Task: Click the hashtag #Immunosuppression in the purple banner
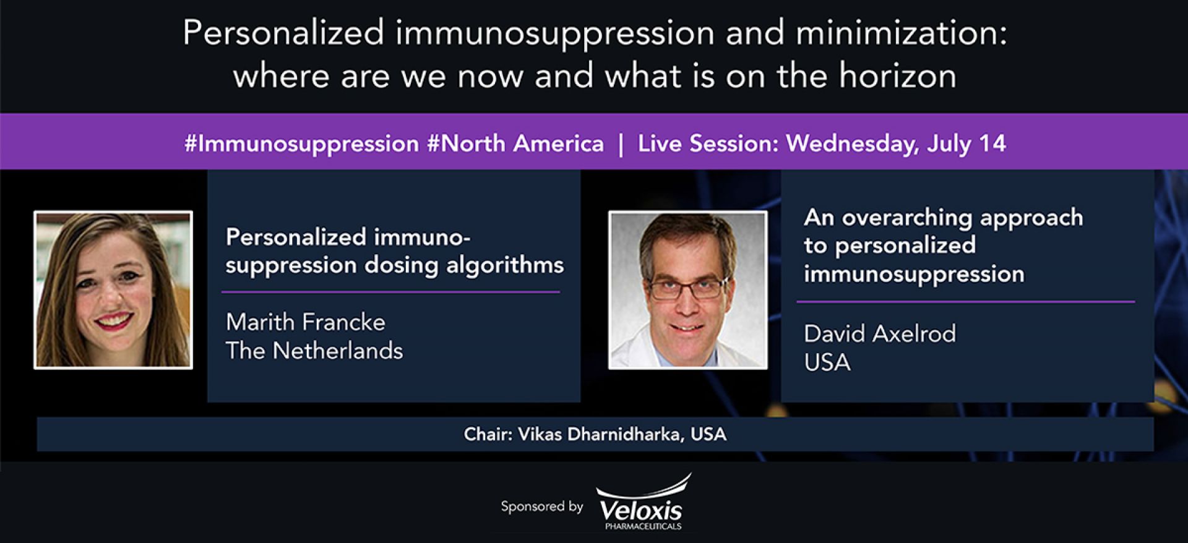coord(301,144)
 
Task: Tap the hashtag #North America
coord(515,143)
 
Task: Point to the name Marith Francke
coord(305,322)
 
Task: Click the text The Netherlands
coord(314,351)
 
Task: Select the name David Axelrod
coord(880,334)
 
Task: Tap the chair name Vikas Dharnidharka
coord(600,434)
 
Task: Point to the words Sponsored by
coord(542,507)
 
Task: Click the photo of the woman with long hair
coord(113,289)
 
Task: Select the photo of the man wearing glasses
coord(687,289)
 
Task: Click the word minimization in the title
coord(902,33)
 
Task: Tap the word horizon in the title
coord(897,76)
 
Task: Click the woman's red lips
coord(114,321)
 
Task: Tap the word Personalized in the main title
coord(283,33)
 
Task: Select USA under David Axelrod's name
coord(827,362)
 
